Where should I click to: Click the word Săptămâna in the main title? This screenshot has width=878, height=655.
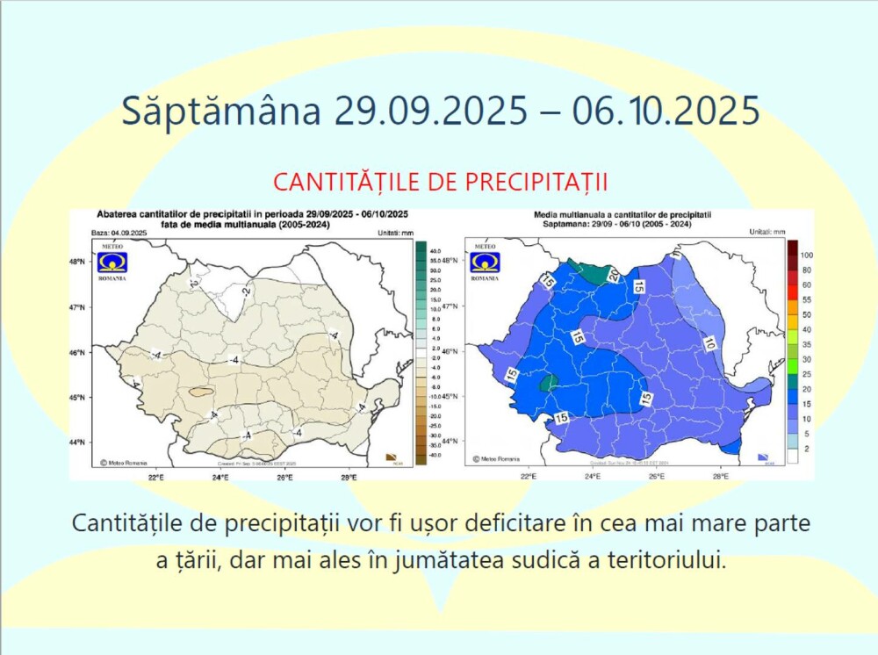click(220, 112)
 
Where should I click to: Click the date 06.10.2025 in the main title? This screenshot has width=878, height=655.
click(666, 112)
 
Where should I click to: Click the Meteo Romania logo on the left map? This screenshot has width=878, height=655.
click(112, 261)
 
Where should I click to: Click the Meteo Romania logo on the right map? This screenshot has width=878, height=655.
click(484, 261)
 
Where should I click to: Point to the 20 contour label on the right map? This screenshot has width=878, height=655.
click(614, 276)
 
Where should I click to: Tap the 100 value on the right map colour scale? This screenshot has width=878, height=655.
click(807, 255)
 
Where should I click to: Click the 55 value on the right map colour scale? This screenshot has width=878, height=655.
click(806, 299)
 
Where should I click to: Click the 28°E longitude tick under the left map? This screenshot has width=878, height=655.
click(349, 477)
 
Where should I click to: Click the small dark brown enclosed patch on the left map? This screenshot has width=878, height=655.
click(200, 392)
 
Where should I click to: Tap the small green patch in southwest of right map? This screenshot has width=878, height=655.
click(549, 382)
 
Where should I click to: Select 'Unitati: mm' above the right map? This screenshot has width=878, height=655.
click(766, 232)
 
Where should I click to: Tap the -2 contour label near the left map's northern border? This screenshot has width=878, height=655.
click(248, 291)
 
